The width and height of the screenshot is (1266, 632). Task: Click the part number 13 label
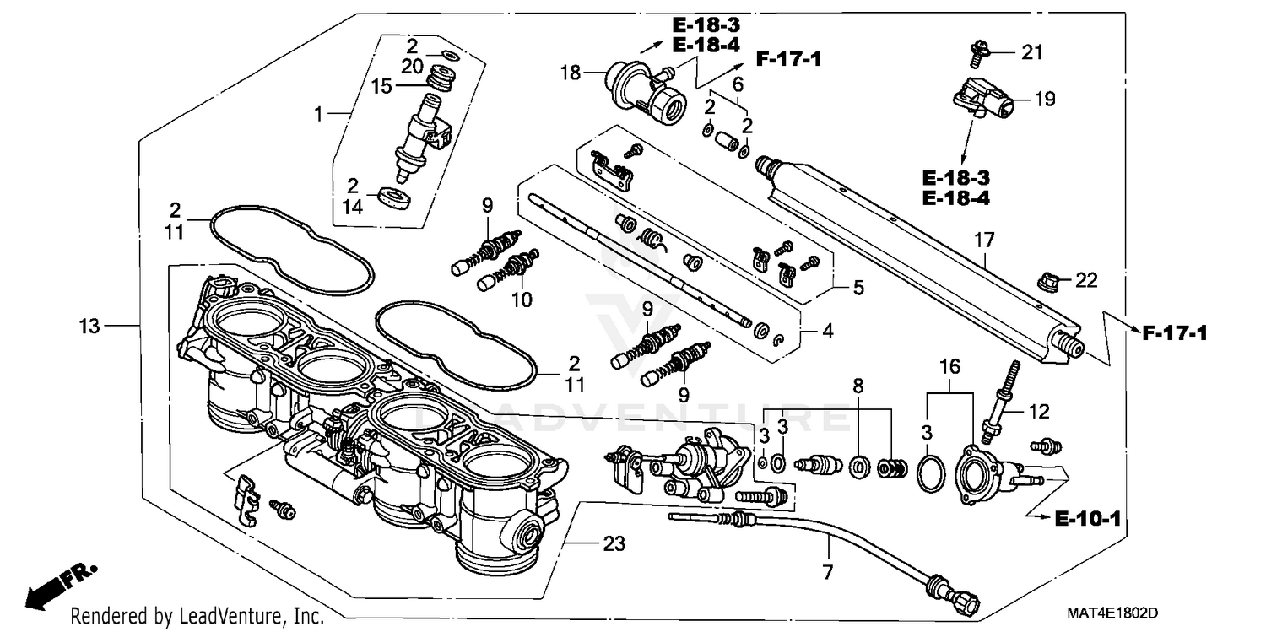[90, 325]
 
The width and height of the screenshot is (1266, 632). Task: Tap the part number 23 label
[614, 544]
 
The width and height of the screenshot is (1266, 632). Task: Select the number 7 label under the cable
[827, 573]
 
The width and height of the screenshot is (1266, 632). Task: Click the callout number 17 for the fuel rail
[985, 240]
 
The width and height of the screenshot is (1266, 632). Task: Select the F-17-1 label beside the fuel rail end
[1174, 333]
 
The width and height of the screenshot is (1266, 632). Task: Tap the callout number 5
[858, 287]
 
